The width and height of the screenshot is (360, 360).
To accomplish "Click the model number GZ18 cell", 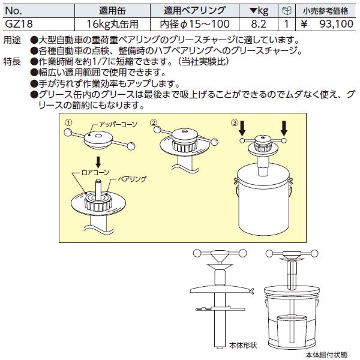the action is tap(19, 24).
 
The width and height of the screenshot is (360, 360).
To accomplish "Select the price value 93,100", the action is tap(337, 24).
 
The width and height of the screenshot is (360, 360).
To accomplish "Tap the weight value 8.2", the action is tap(258, 24).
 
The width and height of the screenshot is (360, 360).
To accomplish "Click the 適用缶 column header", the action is tap(113, 11).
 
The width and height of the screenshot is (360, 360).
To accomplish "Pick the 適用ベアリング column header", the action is tap(194, 11).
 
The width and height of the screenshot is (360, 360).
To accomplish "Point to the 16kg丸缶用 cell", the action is tap(113, 24).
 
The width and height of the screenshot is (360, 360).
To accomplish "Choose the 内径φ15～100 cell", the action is tap(194, 24).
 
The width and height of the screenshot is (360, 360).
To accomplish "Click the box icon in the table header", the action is tap(287, 11).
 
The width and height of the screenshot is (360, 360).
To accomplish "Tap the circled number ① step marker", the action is tap(68, 123).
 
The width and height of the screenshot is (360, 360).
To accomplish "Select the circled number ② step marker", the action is tap(154, 122).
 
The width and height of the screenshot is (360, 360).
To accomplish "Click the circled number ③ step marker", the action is tap(235, 123).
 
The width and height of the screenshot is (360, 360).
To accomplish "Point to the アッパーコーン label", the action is tap(118, 125).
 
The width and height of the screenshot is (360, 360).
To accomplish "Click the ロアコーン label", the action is tap(95, 173).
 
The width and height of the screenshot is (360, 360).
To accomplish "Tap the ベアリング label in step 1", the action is tap(132, 179).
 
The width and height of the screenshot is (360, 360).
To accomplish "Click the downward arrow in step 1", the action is tap(98, 162).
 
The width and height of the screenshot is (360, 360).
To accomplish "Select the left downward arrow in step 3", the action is tap(242, 129).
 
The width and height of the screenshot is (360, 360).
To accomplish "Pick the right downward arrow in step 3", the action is tap(284, 129).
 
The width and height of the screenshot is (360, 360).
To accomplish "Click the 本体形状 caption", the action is tap(243, 345).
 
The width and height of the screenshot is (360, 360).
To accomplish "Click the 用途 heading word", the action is tap(12, 41).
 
